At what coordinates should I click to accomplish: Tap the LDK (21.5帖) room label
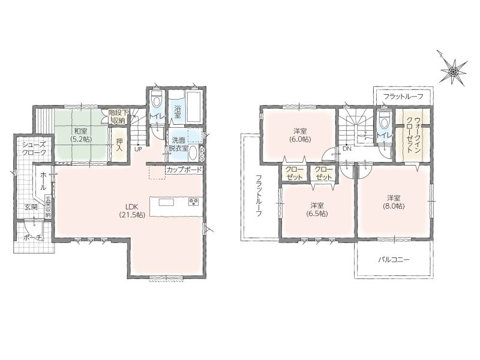point(132,211)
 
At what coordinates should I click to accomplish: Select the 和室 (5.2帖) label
point(80,134)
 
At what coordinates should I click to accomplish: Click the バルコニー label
point(394,260)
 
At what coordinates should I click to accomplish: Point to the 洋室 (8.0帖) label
point(394,202)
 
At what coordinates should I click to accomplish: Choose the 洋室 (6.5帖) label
point(317,209)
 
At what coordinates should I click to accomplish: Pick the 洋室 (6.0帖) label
point(300,136)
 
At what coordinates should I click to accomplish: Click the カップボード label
point(184,170)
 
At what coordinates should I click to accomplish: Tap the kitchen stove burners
point(194,202)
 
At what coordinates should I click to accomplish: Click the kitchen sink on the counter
point(166,202)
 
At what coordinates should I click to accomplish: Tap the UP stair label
point(138,149)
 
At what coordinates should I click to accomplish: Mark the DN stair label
point(347,149)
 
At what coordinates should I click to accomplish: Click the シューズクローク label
point(34,149)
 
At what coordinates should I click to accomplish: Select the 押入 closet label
point(119,145)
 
